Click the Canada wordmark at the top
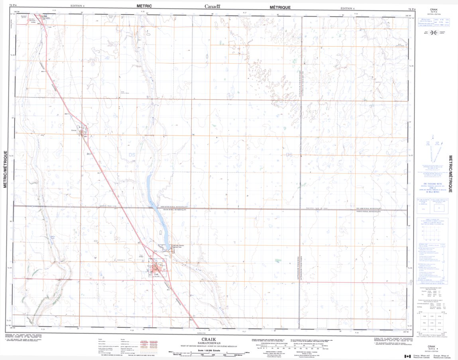212,6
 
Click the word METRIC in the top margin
144,6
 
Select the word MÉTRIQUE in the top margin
280,7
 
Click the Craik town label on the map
156,274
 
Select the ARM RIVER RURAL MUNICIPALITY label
173,207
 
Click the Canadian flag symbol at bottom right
407,356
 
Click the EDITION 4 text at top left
77,6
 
